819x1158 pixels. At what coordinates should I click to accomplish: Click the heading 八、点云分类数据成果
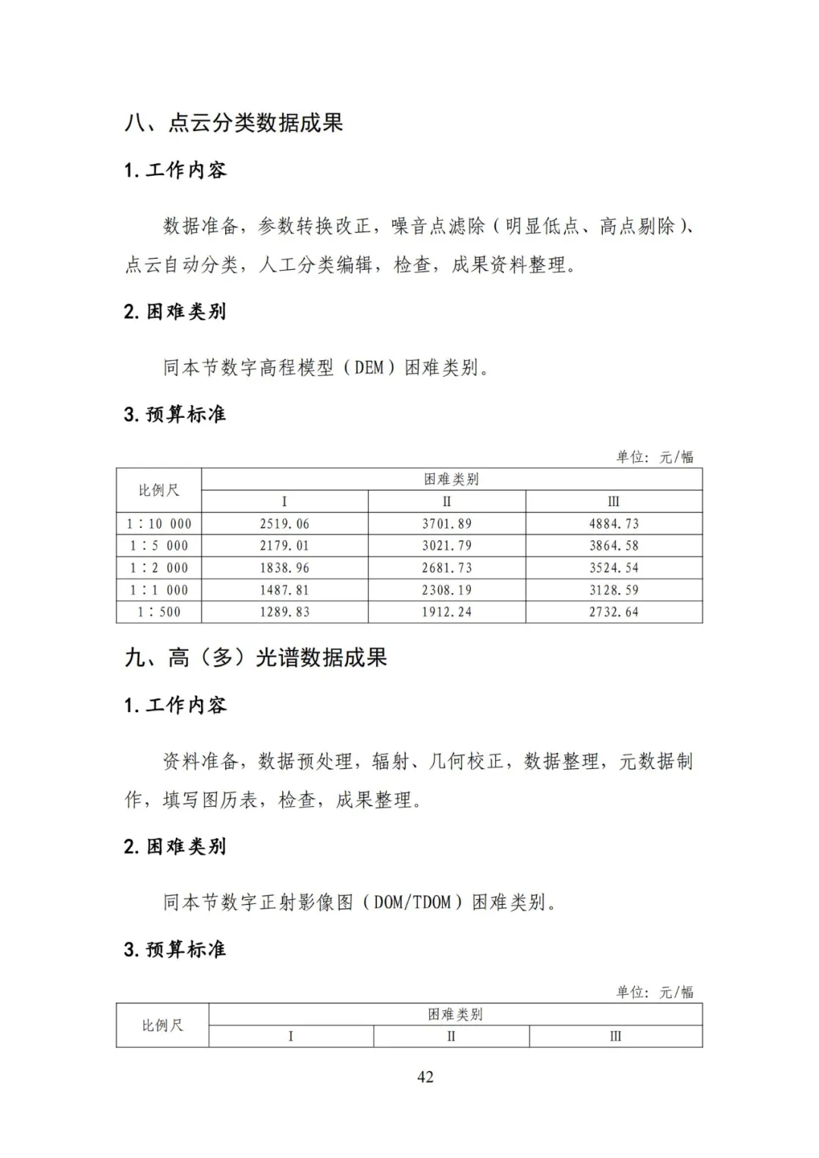tap(234, 123)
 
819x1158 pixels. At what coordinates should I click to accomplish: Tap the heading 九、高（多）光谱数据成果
tap(256, 657)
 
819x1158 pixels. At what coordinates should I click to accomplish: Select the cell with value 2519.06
tap(284, 524)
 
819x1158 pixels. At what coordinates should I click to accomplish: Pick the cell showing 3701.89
tap(447, 524)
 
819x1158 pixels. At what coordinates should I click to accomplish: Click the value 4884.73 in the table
tap(613, 524)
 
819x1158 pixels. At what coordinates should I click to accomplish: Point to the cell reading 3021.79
tap(447, 546)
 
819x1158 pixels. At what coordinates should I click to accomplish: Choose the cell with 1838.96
tap(284, 568)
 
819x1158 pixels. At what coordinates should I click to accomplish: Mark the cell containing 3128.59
tap(613, 590)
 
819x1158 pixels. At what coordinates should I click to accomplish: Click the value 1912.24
tap(447, 612)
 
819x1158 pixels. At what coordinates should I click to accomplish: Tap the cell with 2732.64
tap(613, 612)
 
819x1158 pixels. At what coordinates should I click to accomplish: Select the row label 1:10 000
tap(159, 524)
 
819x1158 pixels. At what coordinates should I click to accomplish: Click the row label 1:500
tap(159, 612)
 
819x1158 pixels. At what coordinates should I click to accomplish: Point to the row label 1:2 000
tap(159, 568)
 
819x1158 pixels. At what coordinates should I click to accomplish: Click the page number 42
tap(425, 1077)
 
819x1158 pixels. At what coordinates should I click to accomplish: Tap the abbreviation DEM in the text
tap(369, 368)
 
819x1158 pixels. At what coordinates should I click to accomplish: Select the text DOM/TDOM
tap(413, 902)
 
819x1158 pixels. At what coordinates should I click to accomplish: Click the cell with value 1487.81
tap(284, 590)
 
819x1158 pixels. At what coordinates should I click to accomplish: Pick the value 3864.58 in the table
tap(613, 546)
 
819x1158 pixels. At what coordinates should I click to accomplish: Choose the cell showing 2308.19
tap(447, 590)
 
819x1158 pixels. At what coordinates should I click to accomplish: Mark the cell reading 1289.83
tap(284, 612)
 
